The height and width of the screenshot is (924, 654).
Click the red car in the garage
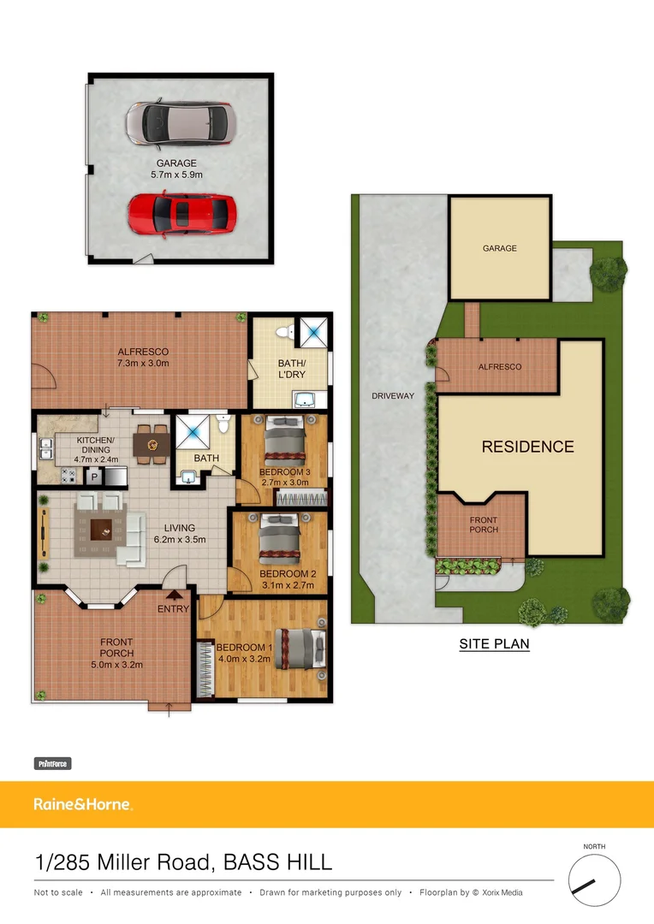tap(181, 213)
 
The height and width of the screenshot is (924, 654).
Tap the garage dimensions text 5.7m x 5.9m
tap(176, 175)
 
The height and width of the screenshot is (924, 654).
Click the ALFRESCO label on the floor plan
tap(143, 352)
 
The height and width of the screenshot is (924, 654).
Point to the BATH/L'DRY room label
tap(291, 369)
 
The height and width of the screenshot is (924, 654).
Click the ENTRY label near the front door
tap(173, 609)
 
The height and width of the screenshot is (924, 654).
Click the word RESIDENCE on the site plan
tap(527, 447)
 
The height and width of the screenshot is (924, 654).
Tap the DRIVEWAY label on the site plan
tap(393, 396)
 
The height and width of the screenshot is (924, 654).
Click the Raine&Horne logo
tap(82, 804)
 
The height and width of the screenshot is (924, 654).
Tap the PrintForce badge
tap(52, 763)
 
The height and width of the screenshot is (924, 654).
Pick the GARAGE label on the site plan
tap(499, 248)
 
